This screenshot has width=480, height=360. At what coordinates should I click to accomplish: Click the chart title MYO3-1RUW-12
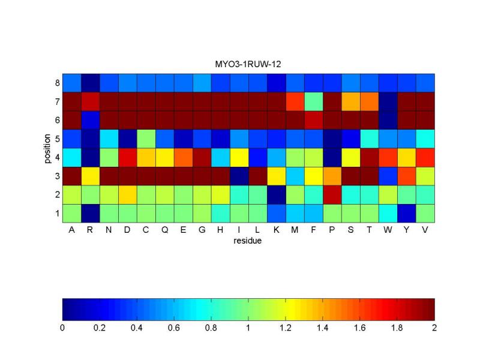[x=248, y=67]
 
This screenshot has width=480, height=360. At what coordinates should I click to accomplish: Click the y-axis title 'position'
[x=48, y=148]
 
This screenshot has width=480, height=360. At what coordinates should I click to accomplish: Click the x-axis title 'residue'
[x=248, y=242]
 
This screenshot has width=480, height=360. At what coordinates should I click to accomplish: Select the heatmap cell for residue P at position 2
[x=332, y=194]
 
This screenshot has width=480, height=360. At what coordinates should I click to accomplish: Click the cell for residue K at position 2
[x=277, y=194]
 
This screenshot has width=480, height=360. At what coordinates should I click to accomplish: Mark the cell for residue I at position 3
[x=239, y=176]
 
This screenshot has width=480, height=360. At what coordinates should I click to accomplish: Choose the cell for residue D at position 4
[x=127, y=157]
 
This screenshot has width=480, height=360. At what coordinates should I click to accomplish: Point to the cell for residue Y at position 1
[x=407, y=213]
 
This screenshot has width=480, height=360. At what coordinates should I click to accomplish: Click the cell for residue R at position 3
[x=90, y=176]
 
